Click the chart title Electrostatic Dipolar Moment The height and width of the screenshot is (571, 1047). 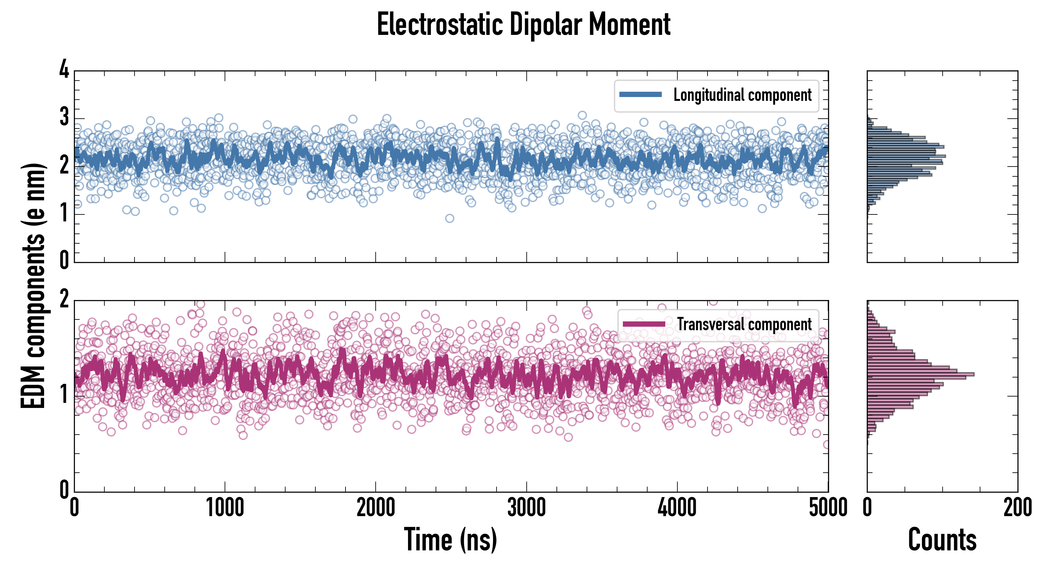(523, 24)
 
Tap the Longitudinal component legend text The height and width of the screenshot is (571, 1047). (742, 95)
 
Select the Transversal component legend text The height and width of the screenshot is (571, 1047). (744, 324)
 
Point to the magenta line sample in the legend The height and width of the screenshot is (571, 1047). (644, 324)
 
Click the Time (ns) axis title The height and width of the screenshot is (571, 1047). (450, 539)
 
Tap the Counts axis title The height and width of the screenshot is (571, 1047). (942, 539)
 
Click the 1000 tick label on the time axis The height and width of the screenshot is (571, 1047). (225, 508)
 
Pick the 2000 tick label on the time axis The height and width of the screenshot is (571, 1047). (376, 508)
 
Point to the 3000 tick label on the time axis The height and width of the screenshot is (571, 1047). (526, 508)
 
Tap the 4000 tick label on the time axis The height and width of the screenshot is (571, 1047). (677, 508)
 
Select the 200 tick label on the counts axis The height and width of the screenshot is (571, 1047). (1017, 508)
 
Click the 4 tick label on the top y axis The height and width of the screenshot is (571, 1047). (64, 69)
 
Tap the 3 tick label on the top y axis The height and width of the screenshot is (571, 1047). (64, 117)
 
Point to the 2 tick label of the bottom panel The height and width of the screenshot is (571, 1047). (64, 299)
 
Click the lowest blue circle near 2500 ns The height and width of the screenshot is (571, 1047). (450, 218)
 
